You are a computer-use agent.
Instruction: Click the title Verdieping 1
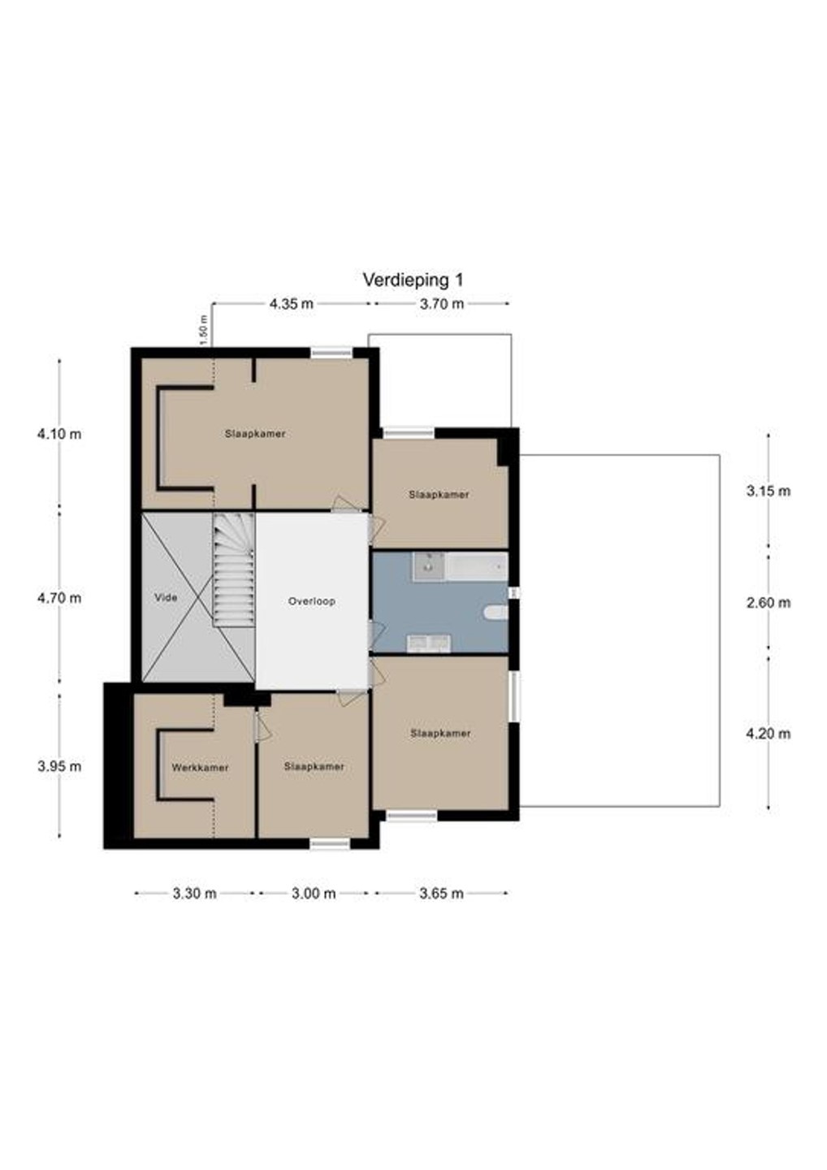413,280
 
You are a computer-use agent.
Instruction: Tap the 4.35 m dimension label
292,304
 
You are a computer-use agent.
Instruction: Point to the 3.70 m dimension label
442,304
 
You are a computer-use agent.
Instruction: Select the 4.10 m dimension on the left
59,434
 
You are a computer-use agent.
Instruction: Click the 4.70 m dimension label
59,597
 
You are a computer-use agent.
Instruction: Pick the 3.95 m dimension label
59,767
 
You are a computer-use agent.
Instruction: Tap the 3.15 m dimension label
768,491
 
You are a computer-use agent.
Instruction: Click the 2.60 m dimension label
768,603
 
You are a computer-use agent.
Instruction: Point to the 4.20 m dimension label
768,734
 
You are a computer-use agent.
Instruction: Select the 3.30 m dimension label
194,894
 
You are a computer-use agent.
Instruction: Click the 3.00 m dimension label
314,894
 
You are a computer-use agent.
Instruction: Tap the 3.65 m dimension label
442,894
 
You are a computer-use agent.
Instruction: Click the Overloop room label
312,601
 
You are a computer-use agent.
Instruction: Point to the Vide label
166,597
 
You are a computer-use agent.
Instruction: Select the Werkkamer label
200,768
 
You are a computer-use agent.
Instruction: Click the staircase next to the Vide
233,570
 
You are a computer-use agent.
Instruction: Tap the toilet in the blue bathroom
496,612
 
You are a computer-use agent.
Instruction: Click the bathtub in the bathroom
476,566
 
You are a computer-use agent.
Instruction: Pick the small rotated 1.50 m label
204,330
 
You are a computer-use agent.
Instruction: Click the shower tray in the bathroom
429,566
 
